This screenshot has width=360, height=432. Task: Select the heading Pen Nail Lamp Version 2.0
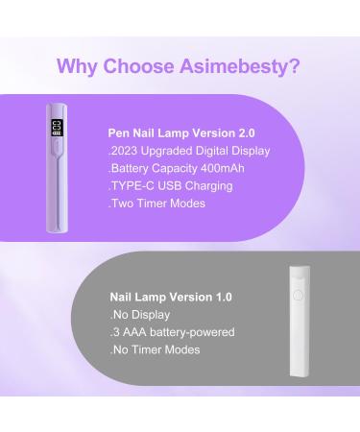coord(182,133)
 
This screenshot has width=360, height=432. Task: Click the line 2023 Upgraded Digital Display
coord(189,151)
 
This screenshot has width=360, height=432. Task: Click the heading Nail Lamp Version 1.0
coord(171,298)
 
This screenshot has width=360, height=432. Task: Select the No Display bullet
coord(140,315)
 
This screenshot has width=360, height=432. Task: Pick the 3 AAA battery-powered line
coord(172,332)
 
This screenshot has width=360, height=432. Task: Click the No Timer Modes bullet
coord(155,349)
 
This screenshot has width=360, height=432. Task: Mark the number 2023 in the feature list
coord(127,151)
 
